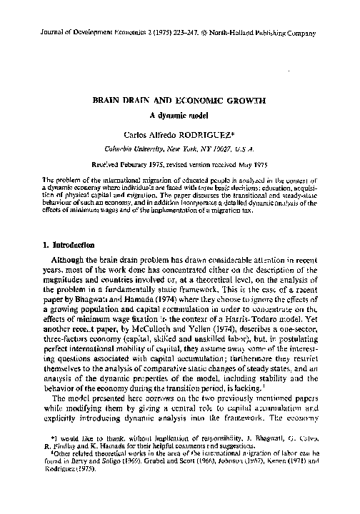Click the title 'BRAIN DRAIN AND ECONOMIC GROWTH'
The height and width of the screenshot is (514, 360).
pyautogui.click(x=179, y=102)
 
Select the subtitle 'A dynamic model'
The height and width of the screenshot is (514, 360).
pyautogui.click(x=179, y=116)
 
